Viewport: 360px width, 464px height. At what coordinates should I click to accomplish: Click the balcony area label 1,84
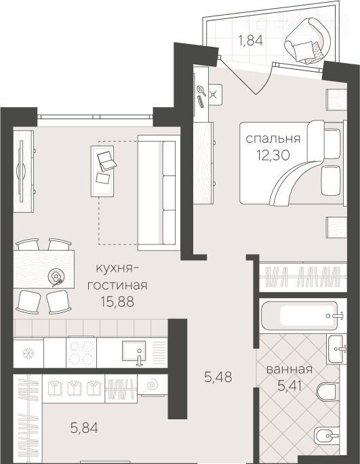pos(251,40)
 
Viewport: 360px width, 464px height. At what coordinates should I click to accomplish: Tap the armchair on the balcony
pos(307,41)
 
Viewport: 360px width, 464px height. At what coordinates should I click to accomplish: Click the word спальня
pos(273,138)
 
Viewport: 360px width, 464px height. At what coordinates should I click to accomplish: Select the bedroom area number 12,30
pos(273,154)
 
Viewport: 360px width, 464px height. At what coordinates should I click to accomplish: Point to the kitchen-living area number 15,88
pos(117,301)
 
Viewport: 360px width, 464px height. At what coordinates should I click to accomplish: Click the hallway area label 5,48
pos(218,377)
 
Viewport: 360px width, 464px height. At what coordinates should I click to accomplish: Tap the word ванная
pos(289,370)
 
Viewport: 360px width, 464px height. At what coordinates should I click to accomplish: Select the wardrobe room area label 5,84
pos(84,428)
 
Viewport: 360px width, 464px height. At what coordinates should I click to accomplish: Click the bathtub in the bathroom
pos(299,316)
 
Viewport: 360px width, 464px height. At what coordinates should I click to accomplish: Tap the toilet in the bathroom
pos(327,392)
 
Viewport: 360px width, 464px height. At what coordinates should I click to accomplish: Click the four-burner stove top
pos(81,352)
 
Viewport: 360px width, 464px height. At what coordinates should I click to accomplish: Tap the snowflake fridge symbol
pos(28,354)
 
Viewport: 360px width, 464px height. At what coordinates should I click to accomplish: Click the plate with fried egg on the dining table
pos(55,276)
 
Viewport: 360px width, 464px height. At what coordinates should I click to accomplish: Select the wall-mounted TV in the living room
pos(21,171)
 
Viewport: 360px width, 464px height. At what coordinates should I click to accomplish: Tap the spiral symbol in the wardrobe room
pos(153,384)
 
